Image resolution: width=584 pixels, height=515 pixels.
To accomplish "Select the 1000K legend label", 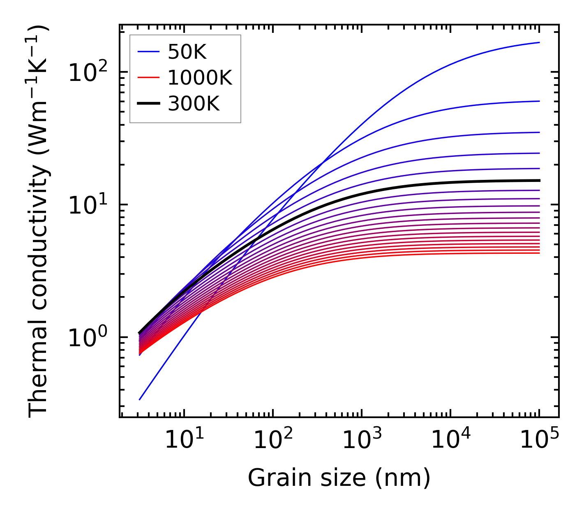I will tap(200, 78).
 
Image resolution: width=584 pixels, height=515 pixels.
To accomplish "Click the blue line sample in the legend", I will tap(148, 52).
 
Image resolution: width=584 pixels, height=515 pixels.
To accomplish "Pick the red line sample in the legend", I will tap(148, 78).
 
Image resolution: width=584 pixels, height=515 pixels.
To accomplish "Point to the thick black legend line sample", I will tap(148, 104).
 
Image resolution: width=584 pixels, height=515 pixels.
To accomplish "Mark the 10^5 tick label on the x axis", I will tap(538, 440).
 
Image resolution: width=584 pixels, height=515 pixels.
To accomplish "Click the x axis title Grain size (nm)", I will tap(339, 478).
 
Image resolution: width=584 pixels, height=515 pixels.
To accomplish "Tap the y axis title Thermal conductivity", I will tap(39, 222).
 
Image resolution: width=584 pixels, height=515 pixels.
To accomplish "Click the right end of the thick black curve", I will tap(539, 180).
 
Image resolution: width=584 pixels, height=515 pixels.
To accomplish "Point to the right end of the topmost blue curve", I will tap(539, 42).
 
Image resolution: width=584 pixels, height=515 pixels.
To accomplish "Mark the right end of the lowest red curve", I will tap(539, 253).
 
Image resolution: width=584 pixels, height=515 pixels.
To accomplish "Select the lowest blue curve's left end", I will tap(140, 400).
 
